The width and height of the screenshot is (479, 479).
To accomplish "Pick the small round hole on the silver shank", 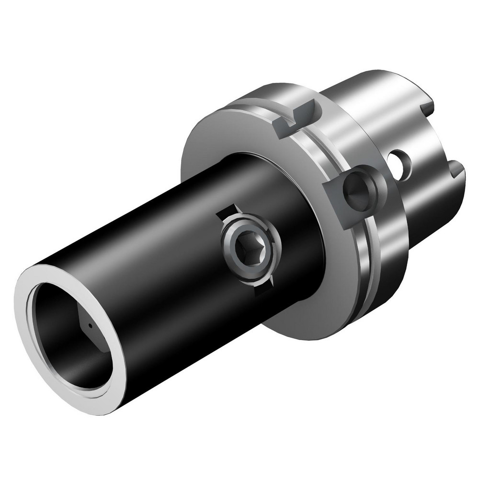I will [403, 163].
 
